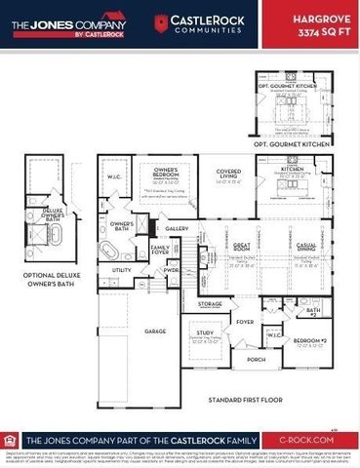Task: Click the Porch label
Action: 257,360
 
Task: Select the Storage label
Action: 211,304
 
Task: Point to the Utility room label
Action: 122,270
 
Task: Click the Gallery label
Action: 177,227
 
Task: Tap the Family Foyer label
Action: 160,250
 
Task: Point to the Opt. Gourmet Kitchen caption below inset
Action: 307,144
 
